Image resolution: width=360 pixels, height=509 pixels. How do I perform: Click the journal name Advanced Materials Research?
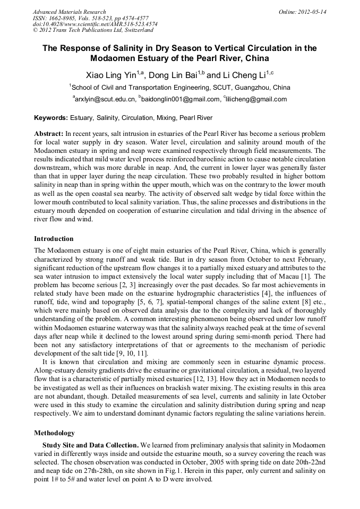click(x=69, y=12)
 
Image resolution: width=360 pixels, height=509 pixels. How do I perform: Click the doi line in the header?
click(x=95, y=24)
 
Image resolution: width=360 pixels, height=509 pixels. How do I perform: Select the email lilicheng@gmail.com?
click(x=257, y=99)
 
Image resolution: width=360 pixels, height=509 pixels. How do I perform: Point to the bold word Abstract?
click(x=49, y=133)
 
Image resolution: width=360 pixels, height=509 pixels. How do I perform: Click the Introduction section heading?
click(x=54, y=239)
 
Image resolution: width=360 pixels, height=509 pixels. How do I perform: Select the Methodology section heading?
click(x=54, y=433)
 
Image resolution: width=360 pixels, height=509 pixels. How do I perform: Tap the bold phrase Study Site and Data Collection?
click(x=90, y=444)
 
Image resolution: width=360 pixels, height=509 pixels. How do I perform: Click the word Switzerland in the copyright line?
click(x=131, y=31)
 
